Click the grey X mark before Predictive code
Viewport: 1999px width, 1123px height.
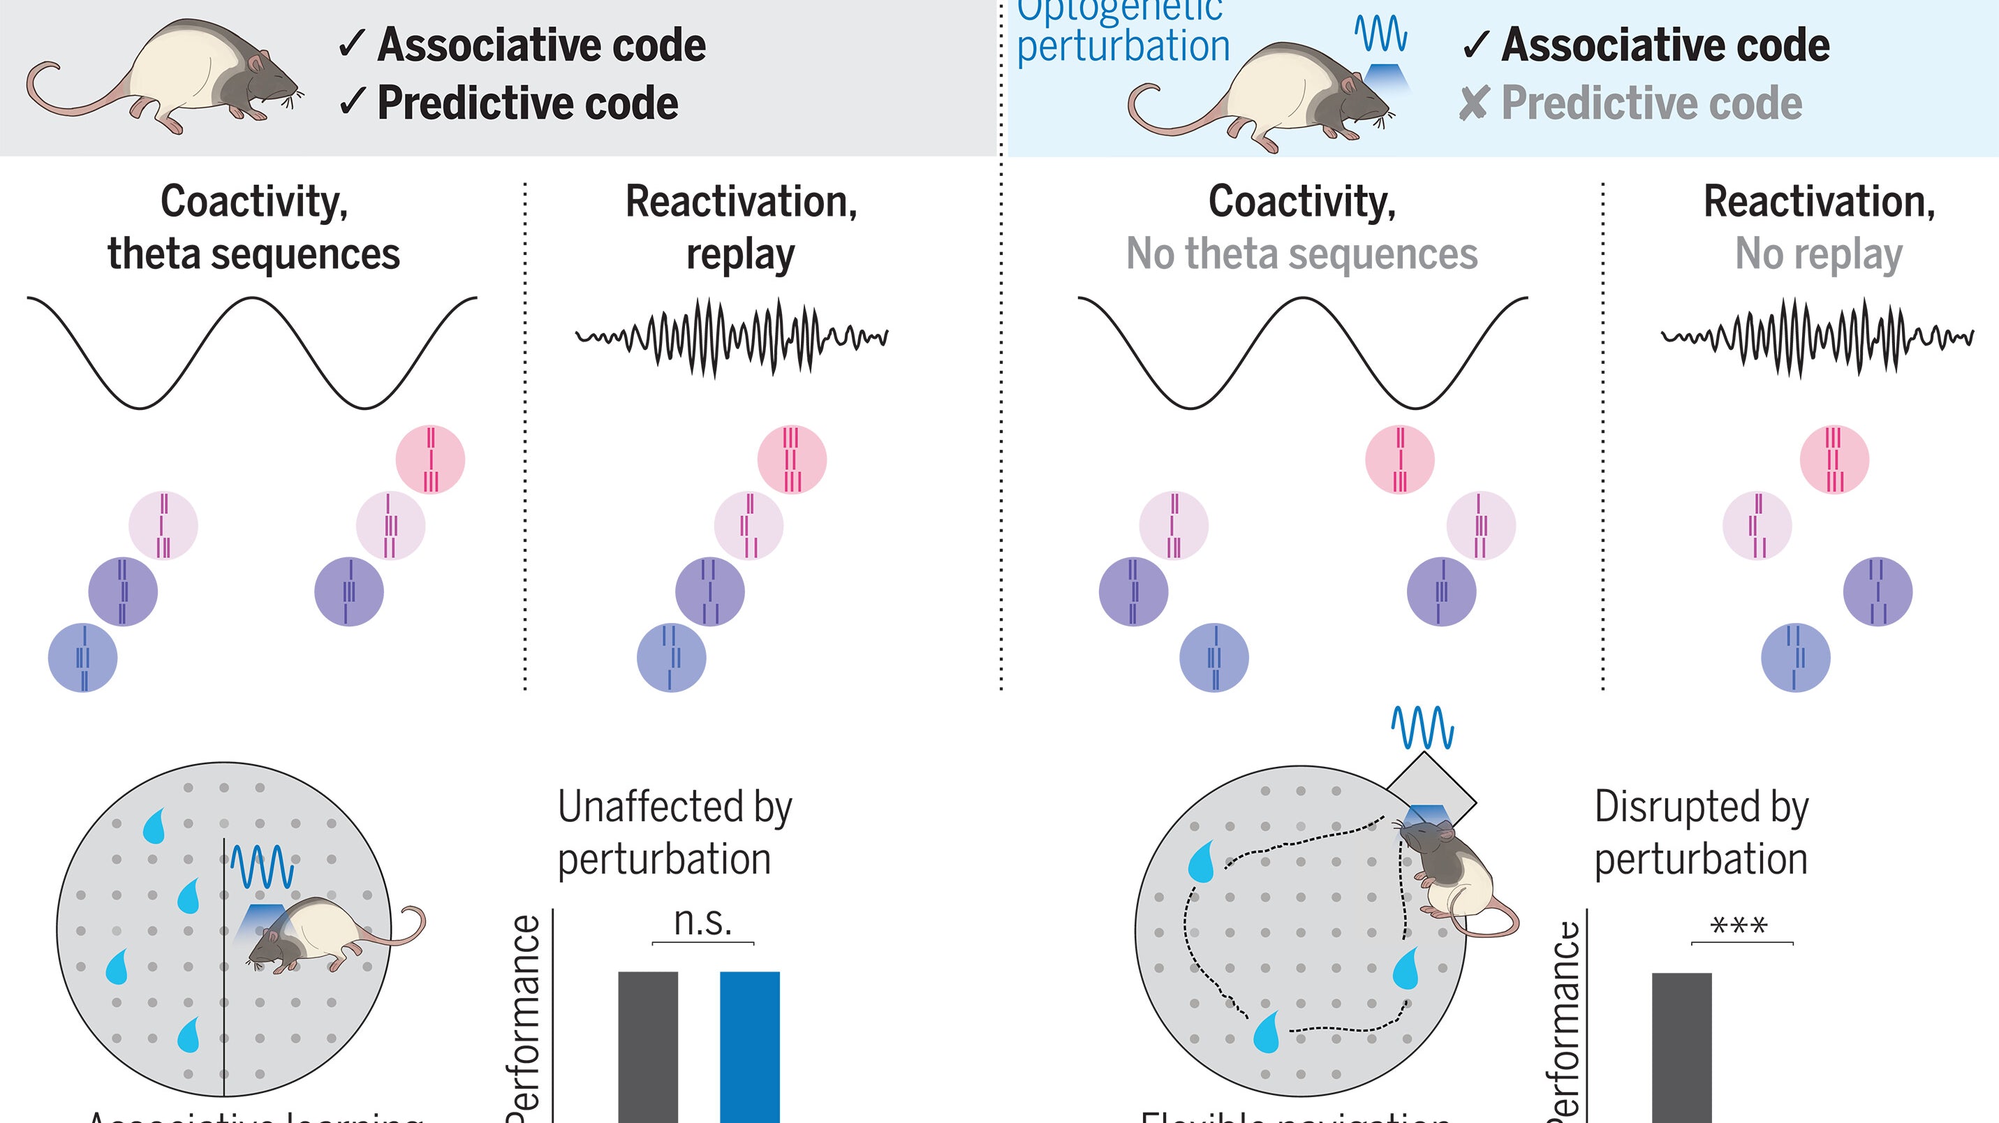coord(1473,103)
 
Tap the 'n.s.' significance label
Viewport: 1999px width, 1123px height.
coord(703,921)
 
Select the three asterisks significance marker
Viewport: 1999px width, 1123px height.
coord(1739,926)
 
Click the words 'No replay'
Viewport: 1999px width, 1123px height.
coord(1818,254)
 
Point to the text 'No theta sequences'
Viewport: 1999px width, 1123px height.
coord(1301,254)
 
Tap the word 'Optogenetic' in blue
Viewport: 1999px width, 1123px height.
coord(1120,11)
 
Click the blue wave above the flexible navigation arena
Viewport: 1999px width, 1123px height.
coord(1422,728)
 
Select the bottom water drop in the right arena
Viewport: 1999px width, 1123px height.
coord(1267,1033)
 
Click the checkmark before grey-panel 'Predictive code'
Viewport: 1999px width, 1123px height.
coord(353,102)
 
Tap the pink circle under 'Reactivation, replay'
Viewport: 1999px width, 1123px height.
coord(792,460)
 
